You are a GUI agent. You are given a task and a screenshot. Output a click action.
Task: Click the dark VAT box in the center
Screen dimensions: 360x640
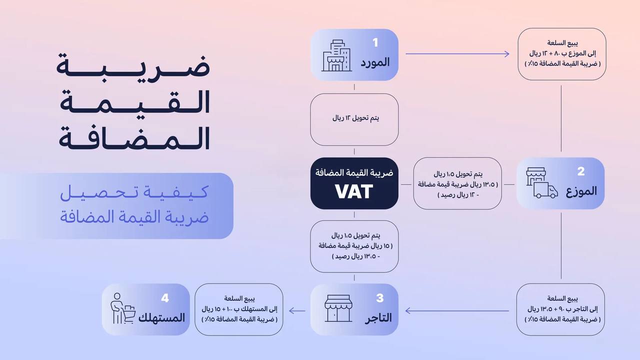(x=354, y=183)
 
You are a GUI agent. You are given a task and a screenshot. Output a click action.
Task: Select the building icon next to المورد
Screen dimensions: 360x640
(x=336, y=56)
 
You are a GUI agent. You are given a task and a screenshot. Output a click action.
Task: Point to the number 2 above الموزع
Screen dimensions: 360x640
(x=581, y=171)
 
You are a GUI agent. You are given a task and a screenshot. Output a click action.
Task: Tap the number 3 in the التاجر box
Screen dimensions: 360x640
(x=380, y=298)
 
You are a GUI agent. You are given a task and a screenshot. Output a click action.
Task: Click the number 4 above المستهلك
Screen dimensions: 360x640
(x=165, y=298)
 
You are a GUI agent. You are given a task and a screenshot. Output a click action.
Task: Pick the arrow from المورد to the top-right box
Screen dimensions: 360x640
(x=457, y=53)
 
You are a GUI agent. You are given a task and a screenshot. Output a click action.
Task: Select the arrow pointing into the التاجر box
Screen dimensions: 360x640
(x=457, y=311)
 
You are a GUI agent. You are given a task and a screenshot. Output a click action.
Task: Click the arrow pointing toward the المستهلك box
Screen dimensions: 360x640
(x=298, y=311)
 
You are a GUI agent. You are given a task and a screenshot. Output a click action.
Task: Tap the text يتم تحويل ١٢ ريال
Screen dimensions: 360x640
(x=355, y=118)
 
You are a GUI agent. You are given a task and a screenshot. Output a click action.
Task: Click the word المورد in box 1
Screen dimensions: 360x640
(x=374, y=62)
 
